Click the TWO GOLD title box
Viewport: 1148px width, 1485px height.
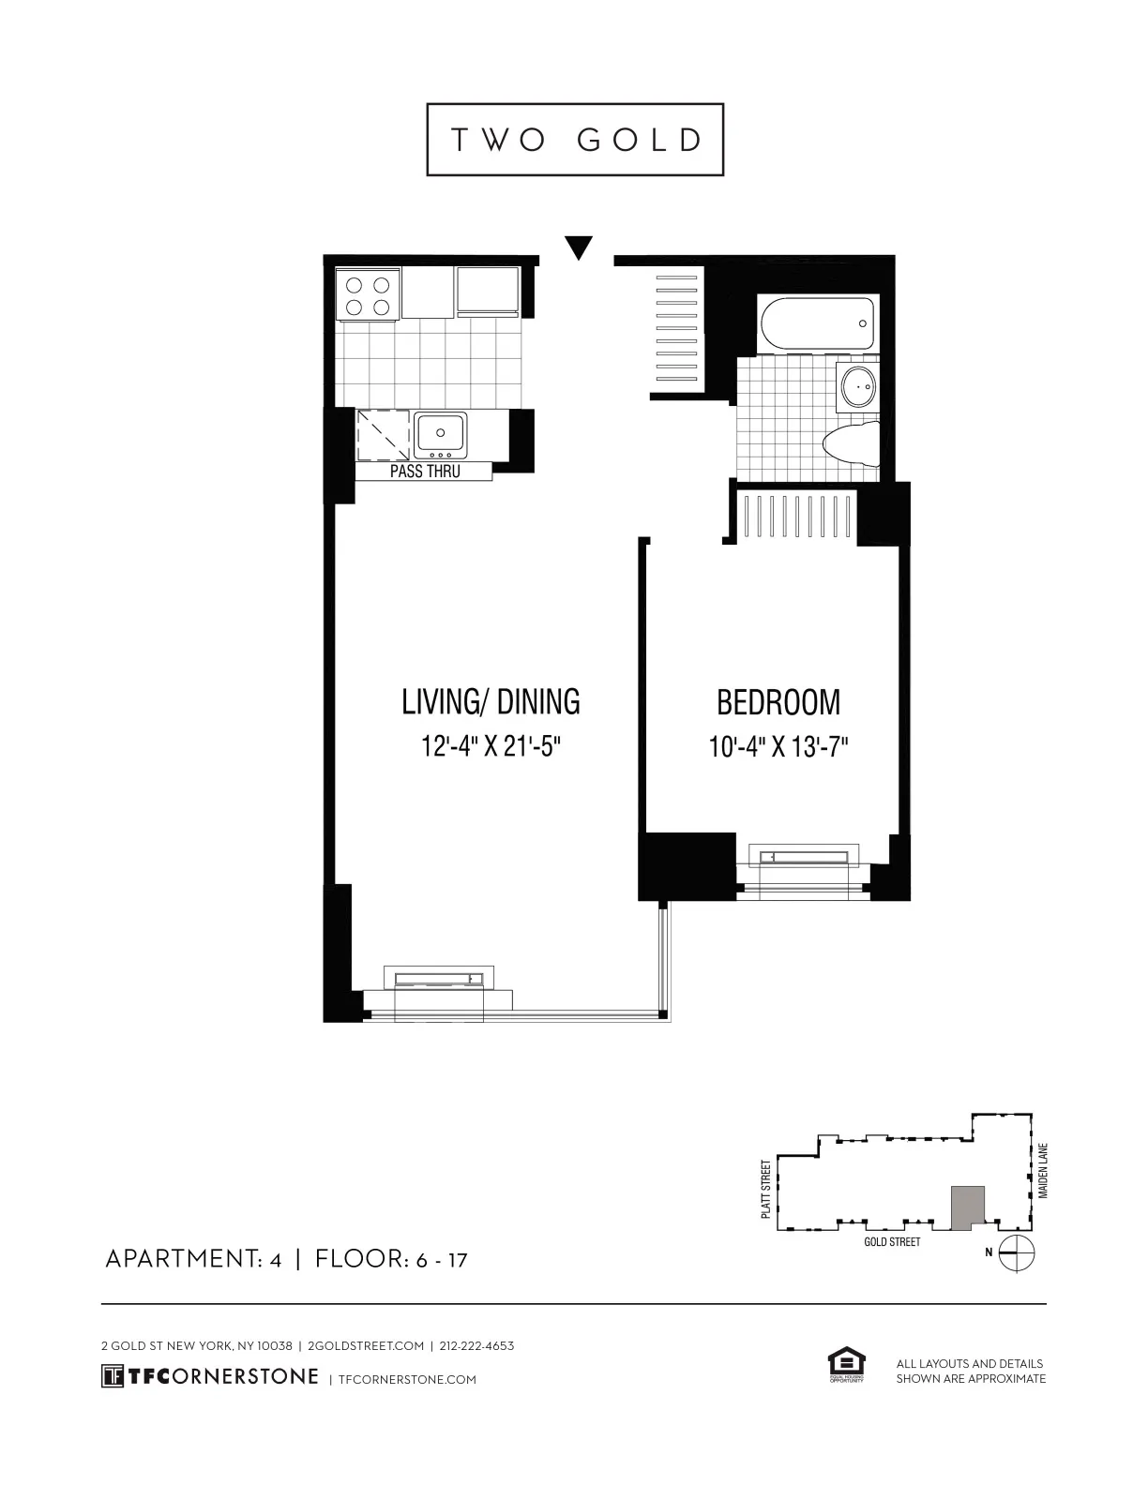(x=575, y=140)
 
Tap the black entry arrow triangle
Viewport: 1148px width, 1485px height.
(x=580, y=247)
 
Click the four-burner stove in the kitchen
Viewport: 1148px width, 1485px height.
(x=367, y=295)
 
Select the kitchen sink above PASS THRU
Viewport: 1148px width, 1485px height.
(x=441, y=435)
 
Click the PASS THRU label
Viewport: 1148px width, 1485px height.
(x=425, y=472)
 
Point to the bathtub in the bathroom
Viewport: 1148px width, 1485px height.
(x=816, y=323)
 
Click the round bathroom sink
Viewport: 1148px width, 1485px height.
(x=858, y=385)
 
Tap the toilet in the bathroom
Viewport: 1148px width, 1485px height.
(x=853, y=444)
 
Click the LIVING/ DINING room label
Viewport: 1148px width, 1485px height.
(x=491, y=701)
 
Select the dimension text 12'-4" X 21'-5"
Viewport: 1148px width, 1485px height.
(x=491, y=747)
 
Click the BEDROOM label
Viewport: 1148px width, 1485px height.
(x=778, y=702)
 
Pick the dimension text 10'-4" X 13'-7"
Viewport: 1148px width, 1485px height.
(x=778, y=747)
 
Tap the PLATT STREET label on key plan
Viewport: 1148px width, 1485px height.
(x=766, y=1189)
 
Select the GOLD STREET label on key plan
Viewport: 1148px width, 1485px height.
(x=891, y=1242)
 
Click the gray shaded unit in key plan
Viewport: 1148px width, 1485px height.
(x=968, y=1207)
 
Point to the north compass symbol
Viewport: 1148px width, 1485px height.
(x=1017, y=1253)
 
